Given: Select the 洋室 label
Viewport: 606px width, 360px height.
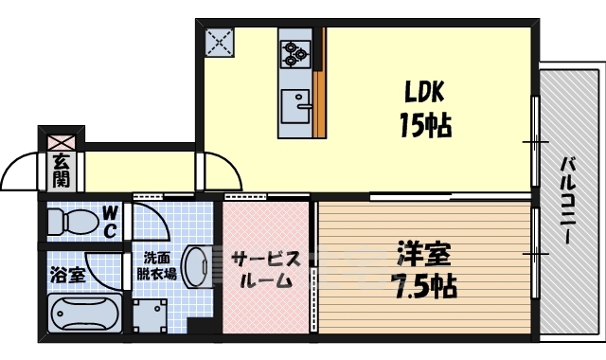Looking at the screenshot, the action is click(423, 254).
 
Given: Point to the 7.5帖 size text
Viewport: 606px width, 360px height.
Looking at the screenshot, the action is click(422, 285).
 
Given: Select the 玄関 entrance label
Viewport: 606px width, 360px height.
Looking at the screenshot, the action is click(61, 171).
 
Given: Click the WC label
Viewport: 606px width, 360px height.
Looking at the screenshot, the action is click(110, 221).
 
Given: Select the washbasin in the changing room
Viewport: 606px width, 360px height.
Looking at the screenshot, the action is click(197, 265).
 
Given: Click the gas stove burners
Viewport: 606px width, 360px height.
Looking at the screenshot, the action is click(294, 49).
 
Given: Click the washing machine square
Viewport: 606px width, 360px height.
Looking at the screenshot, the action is click(150, 314).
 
